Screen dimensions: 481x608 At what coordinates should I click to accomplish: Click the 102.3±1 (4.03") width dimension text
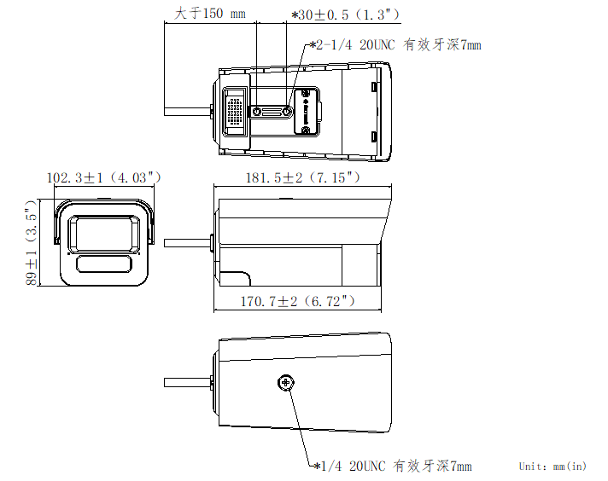[x=104, y=177]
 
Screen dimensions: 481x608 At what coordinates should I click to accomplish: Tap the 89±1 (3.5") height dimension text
[x=32, y=244]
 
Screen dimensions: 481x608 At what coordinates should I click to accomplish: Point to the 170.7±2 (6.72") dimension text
[x=298, y=301]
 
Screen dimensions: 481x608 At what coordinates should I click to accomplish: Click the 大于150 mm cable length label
[x=209, y=14]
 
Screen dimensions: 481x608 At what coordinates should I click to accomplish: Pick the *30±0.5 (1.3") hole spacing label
[x=345, y=14]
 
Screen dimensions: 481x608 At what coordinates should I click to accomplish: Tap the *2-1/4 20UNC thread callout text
[x=395, y=44]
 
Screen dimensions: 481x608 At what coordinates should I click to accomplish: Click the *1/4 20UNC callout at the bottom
[x=392, y=466]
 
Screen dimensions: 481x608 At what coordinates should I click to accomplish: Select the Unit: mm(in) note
[x=552, y=466]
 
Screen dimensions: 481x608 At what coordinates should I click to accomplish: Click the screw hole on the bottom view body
[x=286, y=384]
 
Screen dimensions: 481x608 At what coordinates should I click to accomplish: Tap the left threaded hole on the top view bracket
[x=258, y=112]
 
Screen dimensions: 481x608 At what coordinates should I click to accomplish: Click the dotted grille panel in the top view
[x=234, y=111]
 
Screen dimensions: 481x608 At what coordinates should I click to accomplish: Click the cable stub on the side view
[x=186, y=242]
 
